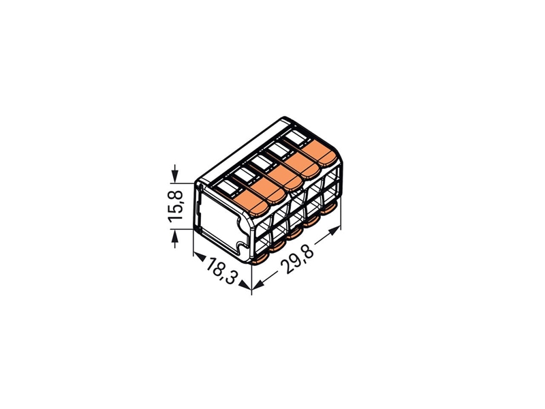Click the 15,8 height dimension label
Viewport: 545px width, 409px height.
176,206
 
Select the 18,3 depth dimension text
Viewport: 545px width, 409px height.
221,270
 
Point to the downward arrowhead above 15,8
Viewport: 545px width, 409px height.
175,177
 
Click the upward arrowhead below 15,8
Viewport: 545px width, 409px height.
175,236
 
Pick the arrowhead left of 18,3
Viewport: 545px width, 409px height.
199,257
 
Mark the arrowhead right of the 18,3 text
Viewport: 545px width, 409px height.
245,285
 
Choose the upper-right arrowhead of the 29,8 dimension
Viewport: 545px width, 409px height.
334,230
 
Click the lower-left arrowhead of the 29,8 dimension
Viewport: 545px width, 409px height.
258,285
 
